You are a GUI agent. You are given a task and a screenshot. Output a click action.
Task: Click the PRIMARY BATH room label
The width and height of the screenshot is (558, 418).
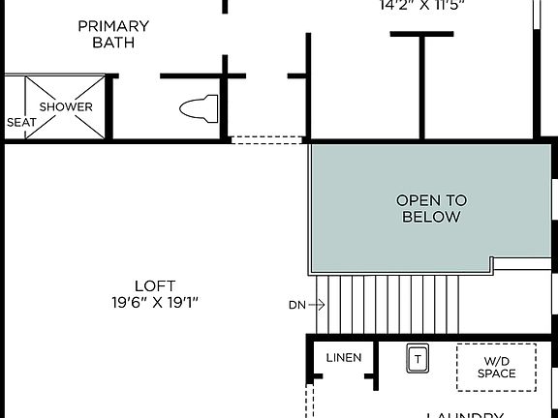coord(113,34)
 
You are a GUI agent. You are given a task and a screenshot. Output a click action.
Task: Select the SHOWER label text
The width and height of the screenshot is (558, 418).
coord(66,106)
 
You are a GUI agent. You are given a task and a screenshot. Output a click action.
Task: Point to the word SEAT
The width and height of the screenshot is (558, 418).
coord(21,123)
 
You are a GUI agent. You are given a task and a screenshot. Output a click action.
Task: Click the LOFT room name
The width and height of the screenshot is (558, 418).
coord(155,285)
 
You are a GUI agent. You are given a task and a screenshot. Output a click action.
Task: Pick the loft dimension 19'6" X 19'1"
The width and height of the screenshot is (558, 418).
coord(155,302)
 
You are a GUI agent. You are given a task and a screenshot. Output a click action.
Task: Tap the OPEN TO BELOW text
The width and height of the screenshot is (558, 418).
coord(431,208)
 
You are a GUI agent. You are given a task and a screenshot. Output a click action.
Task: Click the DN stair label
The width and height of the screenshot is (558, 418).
coord(296,305)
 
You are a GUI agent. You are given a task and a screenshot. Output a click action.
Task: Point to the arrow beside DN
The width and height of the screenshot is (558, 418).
coord(317,305)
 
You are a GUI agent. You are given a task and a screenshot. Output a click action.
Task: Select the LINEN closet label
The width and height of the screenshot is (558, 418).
coord(343,358)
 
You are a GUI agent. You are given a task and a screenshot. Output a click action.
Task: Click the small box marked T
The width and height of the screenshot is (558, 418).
coord(418,358)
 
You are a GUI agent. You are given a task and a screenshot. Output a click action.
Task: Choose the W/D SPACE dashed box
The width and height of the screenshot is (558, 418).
coord(496,368)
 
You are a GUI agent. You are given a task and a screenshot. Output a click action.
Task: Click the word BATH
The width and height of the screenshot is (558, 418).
coord(113,43)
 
